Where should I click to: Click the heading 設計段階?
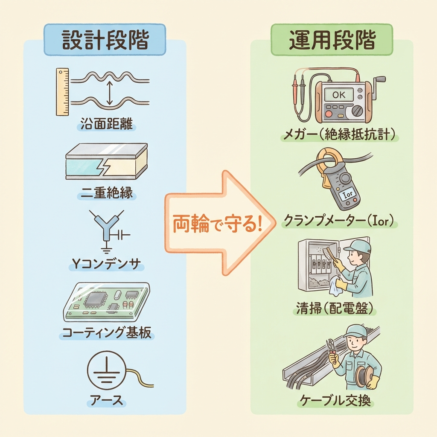[x=105, y=41]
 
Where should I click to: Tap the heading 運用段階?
[x=332, y=41]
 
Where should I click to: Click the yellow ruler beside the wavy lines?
[x=62, y=91]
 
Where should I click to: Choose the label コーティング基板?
[x=106, y=332]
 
